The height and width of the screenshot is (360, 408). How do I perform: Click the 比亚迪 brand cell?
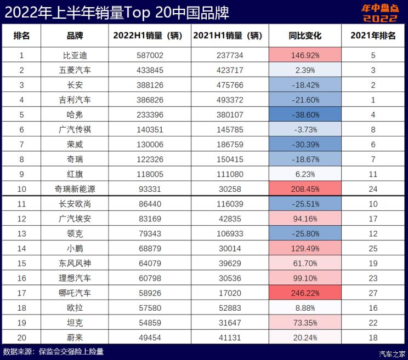click(x=75, y=55)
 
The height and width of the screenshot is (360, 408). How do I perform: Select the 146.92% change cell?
click(x=305, y=55)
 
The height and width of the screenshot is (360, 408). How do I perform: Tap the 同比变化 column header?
click(x=305, y=36)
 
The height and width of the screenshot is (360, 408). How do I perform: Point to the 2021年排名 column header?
click(x=373, y=36)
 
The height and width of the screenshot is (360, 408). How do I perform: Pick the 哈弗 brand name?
click(x=75, y=115)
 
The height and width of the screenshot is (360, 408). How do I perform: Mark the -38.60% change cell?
click(x=305, y=115)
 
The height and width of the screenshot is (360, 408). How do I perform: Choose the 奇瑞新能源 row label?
click(x=75, y=189)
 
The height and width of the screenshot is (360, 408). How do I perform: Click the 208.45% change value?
click(x=305, y=189)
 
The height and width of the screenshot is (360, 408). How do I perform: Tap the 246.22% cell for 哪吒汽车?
click(x=305, y=293)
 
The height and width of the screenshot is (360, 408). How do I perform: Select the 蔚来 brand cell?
click(x=75, y=338)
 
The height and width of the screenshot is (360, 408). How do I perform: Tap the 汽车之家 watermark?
click(x=393, y=353)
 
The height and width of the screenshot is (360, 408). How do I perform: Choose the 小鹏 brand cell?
click(x=75, y=249)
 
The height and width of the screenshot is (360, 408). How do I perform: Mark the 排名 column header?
click(x=21, y=36)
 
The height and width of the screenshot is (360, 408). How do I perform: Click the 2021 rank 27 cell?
click(x=373, y=293)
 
